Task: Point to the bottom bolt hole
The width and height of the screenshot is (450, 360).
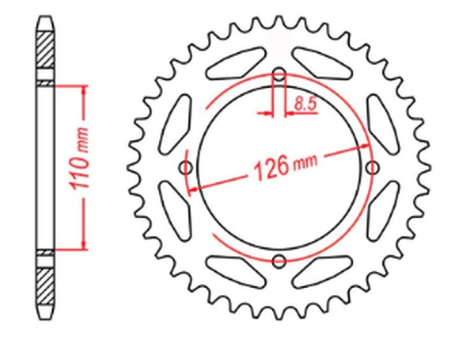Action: pyautogui.click(x=280, y=260)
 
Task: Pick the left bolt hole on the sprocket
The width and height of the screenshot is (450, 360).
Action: pyautogui.click(x=187, y=167)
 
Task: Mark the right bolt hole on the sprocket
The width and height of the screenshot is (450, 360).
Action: pyautogui.click(x=372, y=167)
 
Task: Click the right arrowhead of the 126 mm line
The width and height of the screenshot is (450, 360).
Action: pyautogui.click(x=367, y=146)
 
